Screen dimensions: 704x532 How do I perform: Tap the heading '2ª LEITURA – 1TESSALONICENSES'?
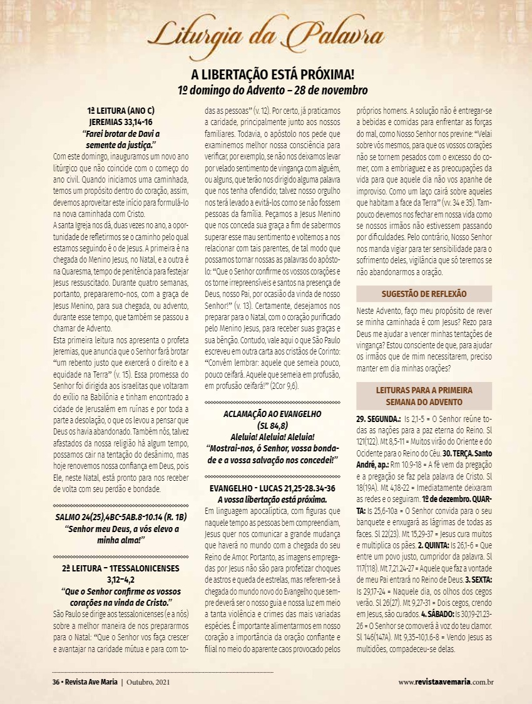pos(121,568)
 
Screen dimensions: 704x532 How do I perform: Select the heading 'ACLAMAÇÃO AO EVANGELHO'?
pos(272,414)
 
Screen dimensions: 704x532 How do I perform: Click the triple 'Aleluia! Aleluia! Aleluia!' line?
pos(272,436)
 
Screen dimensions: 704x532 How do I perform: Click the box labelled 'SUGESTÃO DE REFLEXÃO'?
pos(424,293)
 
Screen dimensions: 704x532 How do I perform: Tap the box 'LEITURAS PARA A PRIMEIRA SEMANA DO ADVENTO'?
pos(424,396)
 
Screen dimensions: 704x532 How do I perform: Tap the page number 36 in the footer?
pos(55,681)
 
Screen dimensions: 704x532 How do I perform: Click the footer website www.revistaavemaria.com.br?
pos(446,681)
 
